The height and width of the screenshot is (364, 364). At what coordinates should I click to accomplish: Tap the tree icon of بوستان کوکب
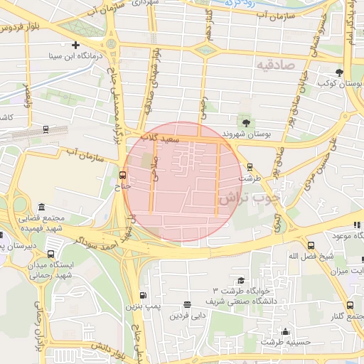[x=339, y=73]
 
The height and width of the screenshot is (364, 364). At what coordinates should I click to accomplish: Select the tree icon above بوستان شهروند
[x=246, y=122]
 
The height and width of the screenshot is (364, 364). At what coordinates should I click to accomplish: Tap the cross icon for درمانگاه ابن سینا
[x=75, y=45]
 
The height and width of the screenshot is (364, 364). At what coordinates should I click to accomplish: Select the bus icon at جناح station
[x=122, y=174]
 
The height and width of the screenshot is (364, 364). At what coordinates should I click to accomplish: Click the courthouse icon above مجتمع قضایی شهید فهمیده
[x=41, y=206]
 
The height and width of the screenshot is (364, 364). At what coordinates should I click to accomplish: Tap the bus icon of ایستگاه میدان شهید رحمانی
[x=50, y=254]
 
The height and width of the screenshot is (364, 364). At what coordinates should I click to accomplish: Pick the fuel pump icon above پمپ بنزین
[x=143, y=296]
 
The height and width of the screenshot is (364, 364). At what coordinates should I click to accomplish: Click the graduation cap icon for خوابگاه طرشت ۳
[x=240, y=280]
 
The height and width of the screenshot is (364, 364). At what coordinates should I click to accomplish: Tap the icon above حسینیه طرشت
[x=285, y=331]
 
